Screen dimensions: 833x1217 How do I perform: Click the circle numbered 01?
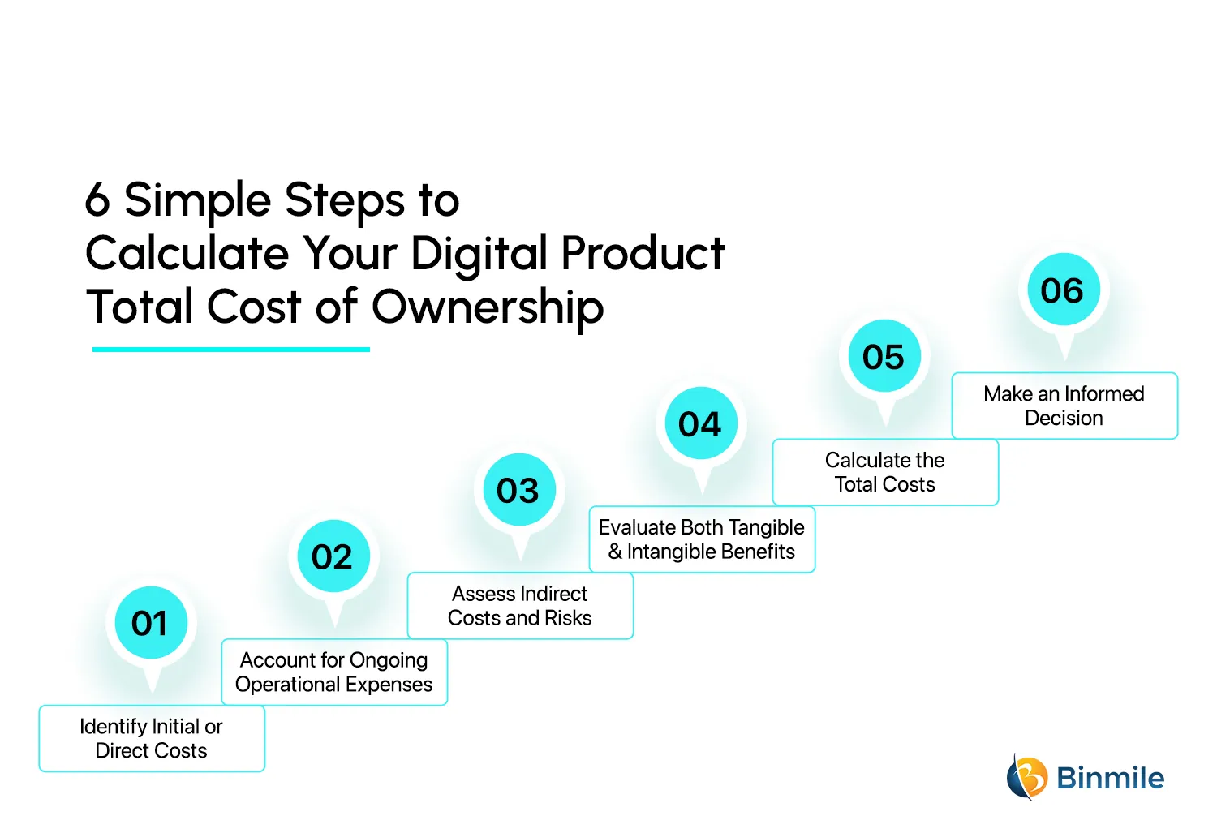pyautogui.click(x=151, y=623)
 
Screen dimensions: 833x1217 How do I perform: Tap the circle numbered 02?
pyautogui.click(x=333, y=556)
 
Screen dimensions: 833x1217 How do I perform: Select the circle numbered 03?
pyautogui.click(x=518, y=490)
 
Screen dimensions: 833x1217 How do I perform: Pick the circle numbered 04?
pyautogui.click(x=700, y=423)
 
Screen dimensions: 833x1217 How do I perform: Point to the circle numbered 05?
pyautogui.click(x=884, y=357)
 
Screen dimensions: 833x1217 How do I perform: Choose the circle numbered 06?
pyautogui.click(x=1063, y=290)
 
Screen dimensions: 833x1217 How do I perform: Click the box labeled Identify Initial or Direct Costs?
pyautogui.click(x=152, y=738)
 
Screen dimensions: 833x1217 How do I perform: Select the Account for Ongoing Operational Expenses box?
pyautogui.click(x=334, y=672)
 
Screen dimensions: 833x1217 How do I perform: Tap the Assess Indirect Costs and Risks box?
pyautogui.click(x=520, y=605)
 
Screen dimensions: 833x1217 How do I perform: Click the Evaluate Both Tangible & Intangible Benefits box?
pyautogui.click(x=702, y=539)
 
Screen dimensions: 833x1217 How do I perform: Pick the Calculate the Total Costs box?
pyautogui.click(x=885, y=472)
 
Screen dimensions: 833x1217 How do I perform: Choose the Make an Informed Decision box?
pyautogui.click(x=1064, y=406)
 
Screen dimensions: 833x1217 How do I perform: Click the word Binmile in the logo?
pyautogui.click(x=1110, y=778)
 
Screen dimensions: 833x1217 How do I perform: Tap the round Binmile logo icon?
pyautogui.click(x=1026, y=777)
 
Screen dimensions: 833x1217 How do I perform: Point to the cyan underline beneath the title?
pyautogui.click(x=231, y=350)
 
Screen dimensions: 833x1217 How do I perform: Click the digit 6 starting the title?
pyautogui.click(x=97, y=200)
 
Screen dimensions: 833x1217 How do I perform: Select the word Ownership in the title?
pyautogui.click(x=488, y=307)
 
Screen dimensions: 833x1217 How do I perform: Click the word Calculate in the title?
pyautogui.click(x=187, y=253)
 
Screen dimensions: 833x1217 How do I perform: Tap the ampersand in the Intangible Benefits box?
pyautogui.click(x=616, y=552)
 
